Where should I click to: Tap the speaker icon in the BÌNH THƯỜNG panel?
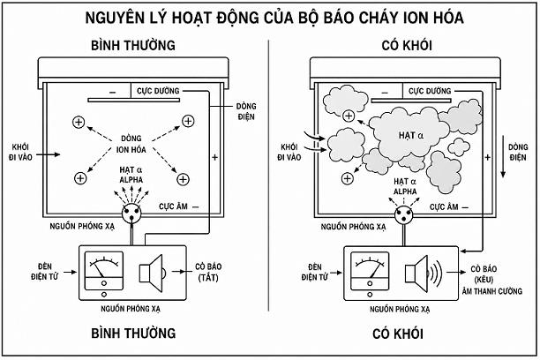pos(152,274)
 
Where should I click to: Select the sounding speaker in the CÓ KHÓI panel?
pos(424,274)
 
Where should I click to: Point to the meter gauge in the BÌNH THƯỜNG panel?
pos(104,271)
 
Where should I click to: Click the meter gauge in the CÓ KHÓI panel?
pos(370,271)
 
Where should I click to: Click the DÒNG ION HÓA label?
pos(131,144)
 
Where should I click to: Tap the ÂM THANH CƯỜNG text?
pos(492,291)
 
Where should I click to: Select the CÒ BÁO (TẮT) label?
pos(208,272)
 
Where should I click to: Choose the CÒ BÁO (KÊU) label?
pos(484,274)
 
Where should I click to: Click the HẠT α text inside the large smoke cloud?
pos(411,135)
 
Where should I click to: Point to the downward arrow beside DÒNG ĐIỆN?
pos(503,157)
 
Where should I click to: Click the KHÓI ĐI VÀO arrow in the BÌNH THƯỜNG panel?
pos(49,154)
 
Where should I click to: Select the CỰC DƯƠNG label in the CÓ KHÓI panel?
pos(430,91)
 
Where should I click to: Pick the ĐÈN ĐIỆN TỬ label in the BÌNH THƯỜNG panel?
pos(44,272)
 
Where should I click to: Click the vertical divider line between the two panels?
pos(268,176)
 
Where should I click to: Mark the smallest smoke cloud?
pos(459,147)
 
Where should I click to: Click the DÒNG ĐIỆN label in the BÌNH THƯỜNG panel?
pos(246,111)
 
